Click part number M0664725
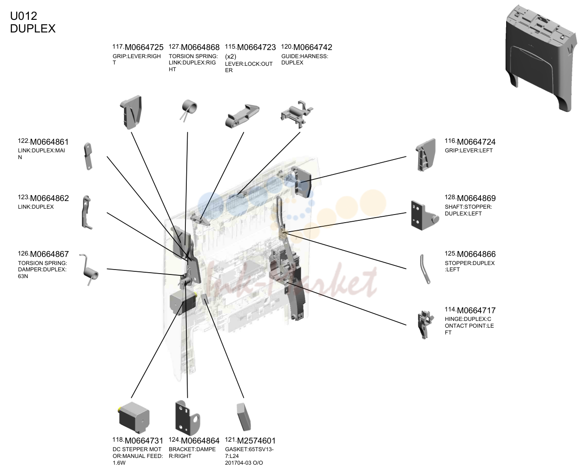pyautogui.click(x=144, y=47)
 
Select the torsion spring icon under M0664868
pyautogui.click(x=189, y=110)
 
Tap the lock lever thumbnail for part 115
pyautogui.click(x=242, y=116)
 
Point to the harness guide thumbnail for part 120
pyautogui.click(x=297, y=114)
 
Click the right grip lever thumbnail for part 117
pyautogui.click(x=131, y=112)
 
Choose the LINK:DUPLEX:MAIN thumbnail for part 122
pyautogui.click(x=88, y=156)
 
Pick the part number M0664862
pyautogui.click(x=49, y=198)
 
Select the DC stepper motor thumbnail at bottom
pyautogui.click(x=134, y=418)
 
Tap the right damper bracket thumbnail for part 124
pyautogui.click(x=187, y=418)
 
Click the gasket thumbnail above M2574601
pyautogui.click(x=244, y=417)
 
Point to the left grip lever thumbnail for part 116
pyautogui.click(x=425, y=155)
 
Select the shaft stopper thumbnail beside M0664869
pyautogui.click(x=425, y=215)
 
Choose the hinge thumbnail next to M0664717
pyautogui.click(x=425, y=325)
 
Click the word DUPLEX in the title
pyautogui.click(x=32, y=28)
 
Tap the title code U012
pyautogui.click(x=23, y=16)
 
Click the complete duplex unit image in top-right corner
pyautogui.click(x=541, y=58)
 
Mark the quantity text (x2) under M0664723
pyautogui.click(x=231, y=57)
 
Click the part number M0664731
pyautogui.click(x=144, y=441)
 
